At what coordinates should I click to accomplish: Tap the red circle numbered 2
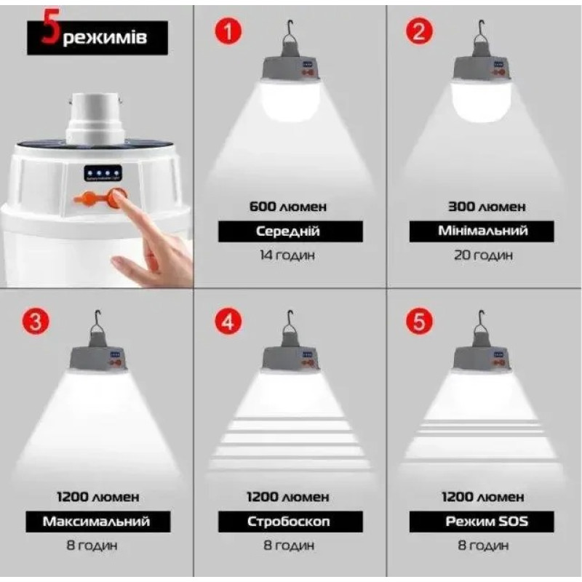tap(420, 33)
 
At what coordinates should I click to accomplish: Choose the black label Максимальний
tap(96, 522)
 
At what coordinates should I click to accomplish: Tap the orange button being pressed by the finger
tap(116, 197)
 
